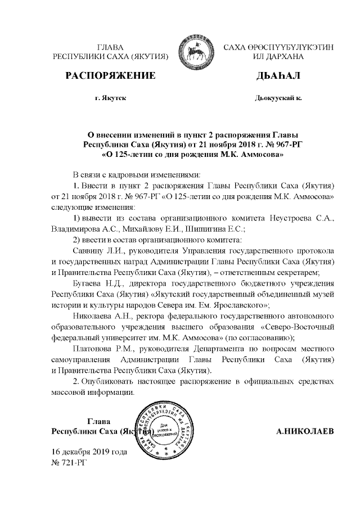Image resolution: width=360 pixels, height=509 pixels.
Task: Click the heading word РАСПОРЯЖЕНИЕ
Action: pyautogui.click(x=110, y=75)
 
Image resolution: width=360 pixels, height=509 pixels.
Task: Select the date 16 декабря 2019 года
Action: pyautogui.click(x=89, y=452)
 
